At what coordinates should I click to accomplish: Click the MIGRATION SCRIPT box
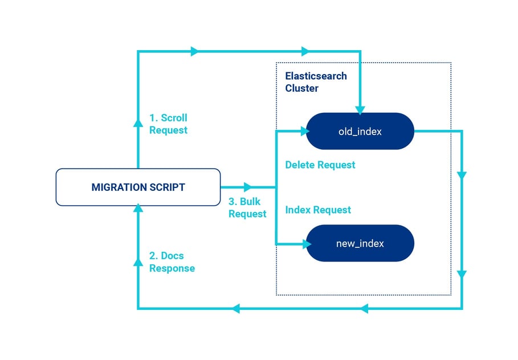point(138,187)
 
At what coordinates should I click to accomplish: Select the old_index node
point(360,132)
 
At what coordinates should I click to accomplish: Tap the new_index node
point(360,243)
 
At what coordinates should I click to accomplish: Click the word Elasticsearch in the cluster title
point(316,76)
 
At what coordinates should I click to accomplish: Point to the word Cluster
point(301,88)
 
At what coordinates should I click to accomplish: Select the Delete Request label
point(320,165)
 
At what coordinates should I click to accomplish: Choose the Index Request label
point(318,210)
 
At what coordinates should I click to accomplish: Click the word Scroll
point(174,118)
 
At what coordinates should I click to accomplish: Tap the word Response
point(172,268)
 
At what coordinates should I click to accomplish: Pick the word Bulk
point(250,202)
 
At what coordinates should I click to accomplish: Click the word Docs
point(172,256)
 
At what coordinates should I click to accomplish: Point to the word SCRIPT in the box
point(166,187)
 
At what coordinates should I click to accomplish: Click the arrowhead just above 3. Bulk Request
point(247,187)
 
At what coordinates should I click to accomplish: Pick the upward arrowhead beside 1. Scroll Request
point(137,121)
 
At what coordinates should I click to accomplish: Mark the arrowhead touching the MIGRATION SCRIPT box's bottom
point(137,209)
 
